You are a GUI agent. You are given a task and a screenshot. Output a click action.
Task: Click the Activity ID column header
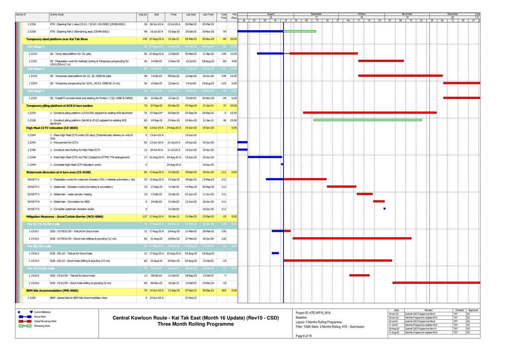(x=21, y=15)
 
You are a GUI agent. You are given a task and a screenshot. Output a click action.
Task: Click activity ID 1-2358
(x=32, y=32)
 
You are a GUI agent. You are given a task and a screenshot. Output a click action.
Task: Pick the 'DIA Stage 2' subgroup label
(x=36, y=69)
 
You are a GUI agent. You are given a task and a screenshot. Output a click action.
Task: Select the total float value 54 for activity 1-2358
(x=224, y=32)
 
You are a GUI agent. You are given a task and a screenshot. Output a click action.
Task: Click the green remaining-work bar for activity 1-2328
(x=367, y=120)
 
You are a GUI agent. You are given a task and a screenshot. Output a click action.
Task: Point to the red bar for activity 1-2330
(x=369, y=113)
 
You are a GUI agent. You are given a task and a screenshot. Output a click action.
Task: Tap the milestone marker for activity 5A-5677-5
(x=384, y=209)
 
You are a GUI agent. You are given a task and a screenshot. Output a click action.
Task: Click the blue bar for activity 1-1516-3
(x=275, y=253)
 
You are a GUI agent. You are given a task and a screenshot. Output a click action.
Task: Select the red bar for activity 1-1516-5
(x=359, y=275)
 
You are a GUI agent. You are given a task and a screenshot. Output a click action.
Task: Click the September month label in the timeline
(x=316, y=14)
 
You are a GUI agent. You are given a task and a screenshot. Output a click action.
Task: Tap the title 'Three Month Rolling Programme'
(x=195, y=324)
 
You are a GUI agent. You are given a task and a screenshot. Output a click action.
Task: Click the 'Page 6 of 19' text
(x=303, y=336)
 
